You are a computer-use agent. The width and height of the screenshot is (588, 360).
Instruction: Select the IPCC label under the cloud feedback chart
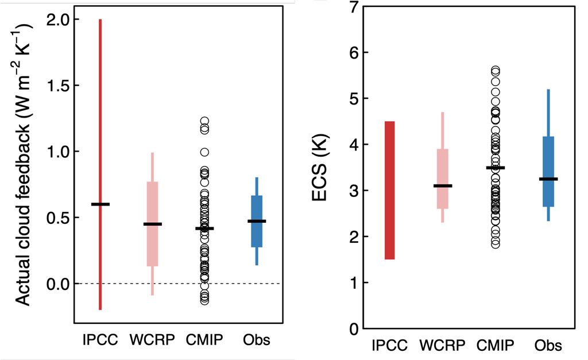[x=100, y=340]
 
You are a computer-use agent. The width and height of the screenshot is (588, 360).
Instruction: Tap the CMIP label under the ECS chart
[x=496, y=346]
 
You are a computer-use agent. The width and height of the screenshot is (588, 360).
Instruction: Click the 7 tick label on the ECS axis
[x=355, y=7]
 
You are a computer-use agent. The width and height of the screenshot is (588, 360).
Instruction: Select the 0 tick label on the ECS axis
[x=355, y=329]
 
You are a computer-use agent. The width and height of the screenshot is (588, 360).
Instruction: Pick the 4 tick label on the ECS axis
[x=355, y=145]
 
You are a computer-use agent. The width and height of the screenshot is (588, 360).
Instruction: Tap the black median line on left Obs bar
[x=257, y=221]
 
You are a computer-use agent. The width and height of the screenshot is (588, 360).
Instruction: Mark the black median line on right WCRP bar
[x=442, y=186]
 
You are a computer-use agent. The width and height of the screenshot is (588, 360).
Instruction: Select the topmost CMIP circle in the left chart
[x=204, y=121]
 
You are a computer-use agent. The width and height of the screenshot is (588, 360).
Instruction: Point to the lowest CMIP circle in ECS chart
[x=496, y=244]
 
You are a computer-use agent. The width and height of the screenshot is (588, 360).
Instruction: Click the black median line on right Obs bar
[x=548, y=179]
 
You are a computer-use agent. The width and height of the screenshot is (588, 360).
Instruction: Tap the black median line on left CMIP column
[x=204, y=229]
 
